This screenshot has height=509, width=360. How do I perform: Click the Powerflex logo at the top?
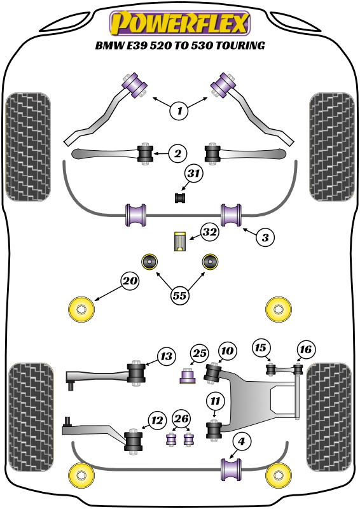180,23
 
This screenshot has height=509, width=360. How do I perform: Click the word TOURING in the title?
240,45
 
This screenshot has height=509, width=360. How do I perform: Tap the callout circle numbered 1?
179,111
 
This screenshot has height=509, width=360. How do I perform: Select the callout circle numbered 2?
177,153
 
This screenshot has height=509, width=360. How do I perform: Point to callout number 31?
193,173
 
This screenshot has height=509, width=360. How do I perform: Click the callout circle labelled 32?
209,232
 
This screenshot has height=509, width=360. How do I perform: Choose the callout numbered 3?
265,237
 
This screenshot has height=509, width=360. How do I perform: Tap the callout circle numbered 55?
180,296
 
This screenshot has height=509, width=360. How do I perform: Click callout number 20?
130,281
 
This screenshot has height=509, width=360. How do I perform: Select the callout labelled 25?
199,353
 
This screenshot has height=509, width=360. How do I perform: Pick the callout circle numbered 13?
166,356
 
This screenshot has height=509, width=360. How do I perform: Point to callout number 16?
305,349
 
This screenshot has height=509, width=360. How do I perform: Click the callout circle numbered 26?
181,419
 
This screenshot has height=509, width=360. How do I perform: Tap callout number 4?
241,442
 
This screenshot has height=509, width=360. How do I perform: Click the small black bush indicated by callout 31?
180,198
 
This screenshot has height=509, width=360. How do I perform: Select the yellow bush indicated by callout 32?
180,241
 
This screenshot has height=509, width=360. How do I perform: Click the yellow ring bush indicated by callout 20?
81,309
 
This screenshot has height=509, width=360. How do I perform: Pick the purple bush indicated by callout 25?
188,375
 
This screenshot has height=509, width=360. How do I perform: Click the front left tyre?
28,147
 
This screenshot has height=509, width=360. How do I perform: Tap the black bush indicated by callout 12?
134,440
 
